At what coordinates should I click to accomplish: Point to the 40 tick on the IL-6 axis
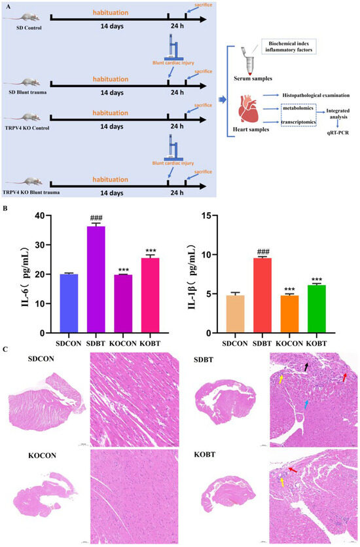click(45, 216)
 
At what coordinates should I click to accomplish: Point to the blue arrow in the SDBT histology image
click(306, 407)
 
